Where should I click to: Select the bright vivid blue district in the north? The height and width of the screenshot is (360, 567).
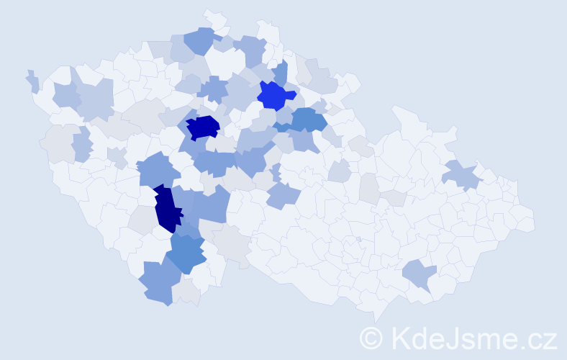tap(274, 95)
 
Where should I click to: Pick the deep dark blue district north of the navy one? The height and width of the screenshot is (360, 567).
tap(202, 127)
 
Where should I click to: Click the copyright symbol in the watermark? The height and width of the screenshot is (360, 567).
tap(372, 337)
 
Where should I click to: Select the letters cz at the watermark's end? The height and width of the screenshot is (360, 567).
tap(543, 338)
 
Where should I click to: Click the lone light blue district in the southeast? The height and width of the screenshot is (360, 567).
tap(419, 274)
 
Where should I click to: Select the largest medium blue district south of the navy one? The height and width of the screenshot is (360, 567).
tap(186, 253)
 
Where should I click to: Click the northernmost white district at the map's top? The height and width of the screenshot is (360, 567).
tap(214, 19)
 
